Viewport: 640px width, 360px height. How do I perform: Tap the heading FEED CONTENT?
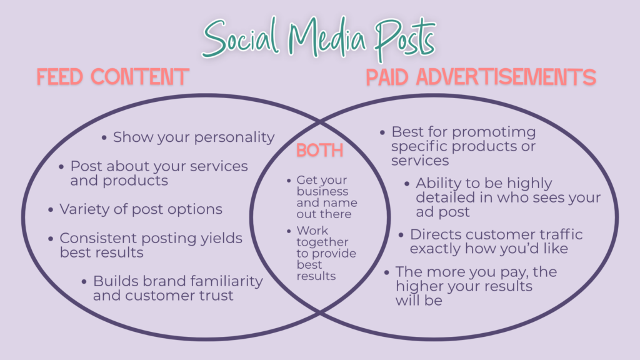[x=112, y=77]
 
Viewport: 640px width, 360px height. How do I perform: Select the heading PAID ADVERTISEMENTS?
[x=481, y=77]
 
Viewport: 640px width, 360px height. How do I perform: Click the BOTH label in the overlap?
[x=319, y=150]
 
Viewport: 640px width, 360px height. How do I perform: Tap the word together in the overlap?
[x=322, y=242]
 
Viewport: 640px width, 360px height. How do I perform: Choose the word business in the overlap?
[x=322, y=191]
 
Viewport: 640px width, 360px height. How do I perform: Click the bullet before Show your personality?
[x=104, y=138]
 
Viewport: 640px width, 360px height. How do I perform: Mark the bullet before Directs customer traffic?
[x=401, y=235]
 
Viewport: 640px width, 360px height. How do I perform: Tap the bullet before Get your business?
[x=289, y=181]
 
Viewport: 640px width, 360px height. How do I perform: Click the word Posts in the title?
[x=405, y=38]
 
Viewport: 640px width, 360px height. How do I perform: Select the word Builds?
[x=116, y=281]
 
